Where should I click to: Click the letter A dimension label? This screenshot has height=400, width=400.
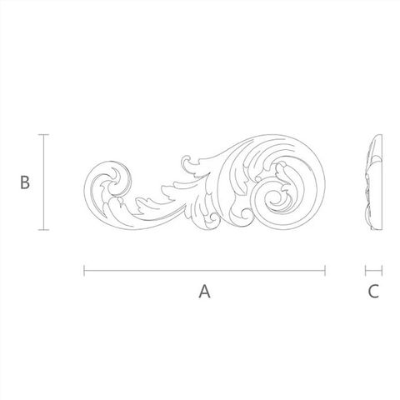point(204,292)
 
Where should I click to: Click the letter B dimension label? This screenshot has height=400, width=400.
point(25,182)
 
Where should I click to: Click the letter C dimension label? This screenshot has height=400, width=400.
point(373,292)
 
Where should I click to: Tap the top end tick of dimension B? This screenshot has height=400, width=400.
point(43,135)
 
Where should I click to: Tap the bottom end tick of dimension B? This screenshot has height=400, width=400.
point(43,230)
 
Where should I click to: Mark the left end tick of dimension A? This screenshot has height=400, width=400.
point(84,271)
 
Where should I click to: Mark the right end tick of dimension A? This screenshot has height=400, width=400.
point(325,271)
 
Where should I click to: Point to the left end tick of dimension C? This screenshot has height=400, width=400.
point(366,271)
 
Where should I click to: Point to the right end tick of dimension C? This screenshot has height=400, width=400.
point(382,271)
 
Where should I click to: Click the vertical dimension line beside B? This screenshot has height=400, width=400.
point(43,182)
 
